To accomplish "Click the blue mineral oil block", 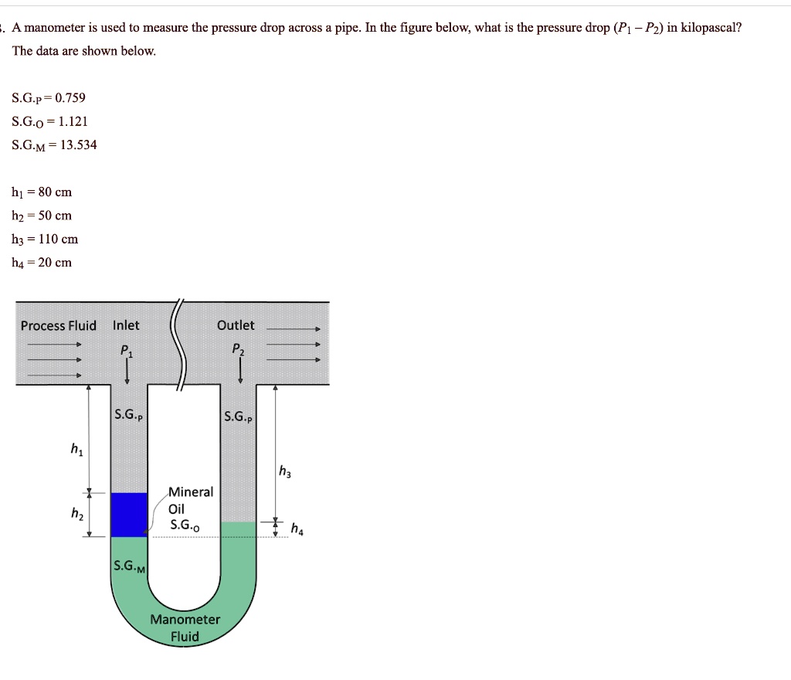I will pyautogui.click(x=129, y=515).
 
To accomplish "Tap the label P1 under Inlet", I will pyautogui.click(x=127, y=350).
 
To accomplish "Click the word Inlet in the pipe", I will pyautogui.click(x=126, y=325).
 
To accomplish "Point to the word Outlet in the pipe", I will pyautogui.click(x=236, y=325).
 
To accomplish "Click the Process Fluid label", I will pyautogui.click(x=59, y=325).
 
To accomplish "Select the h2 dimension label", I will pyautogui.click(x=76, y=513).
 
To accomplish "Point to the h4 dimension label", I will pyautogui.click(x=297, y=529).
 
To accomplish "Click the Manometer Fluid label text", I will pyautogui.click(x=185, y=628).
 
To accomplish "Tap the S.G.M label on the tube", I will pyautogui.click(x=129, y=566).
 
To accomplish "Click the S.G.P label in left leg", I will pyautogui.click(x=128, y=415).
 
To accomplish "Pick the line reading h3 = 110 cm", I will pyautogui.click(x=45, y=239).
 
